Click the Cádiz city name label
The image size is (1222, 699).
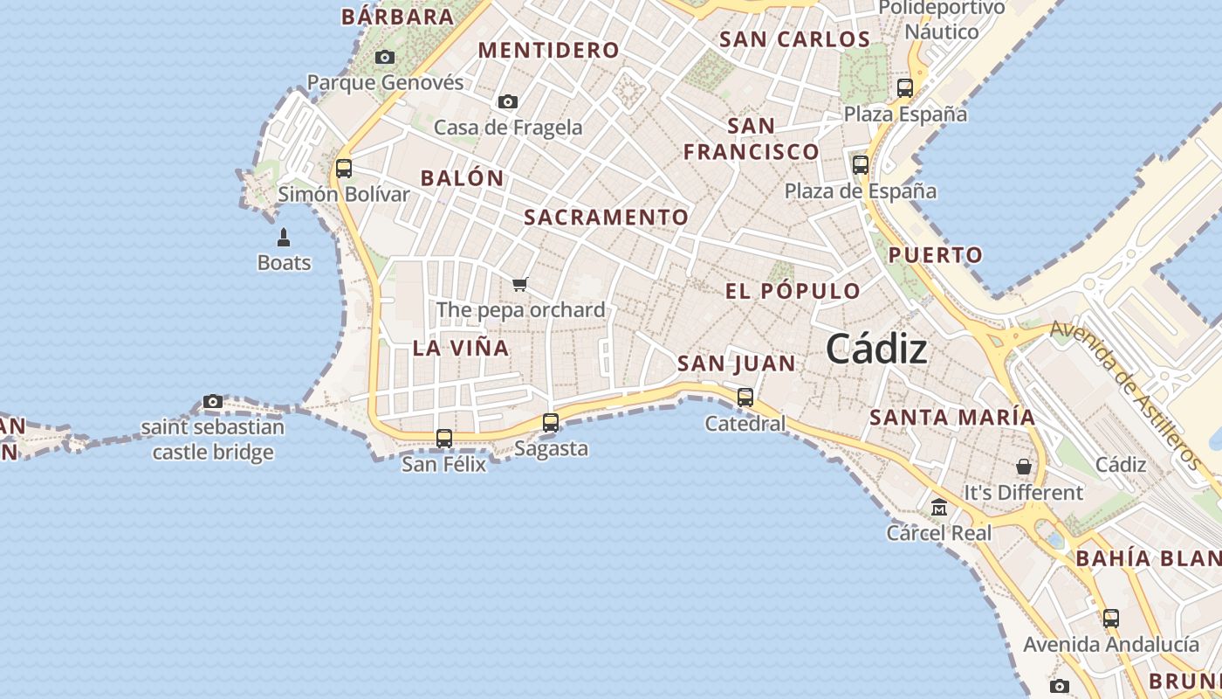876,349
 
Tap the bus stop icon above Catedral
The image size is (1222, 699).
745,398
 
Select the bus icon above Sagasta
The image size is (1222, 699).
551,423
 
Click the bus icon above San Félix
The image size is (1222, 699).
444,439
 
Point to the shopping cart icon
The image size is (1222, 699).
520,283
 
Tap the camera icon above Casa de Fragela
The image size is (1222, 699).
508,102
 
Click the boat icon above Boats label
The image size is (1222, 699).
284,238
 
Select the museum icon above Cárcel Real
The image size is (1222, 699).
939,507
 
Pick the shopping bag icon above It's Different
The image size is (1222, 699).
1024,467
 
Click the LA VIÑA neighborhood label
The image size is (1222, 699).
460,348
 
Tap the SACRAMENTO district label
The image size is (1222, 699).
606,218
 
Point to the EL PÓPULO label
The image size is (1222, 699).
793,291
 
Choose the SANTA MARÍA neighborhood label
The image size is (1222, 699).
952,418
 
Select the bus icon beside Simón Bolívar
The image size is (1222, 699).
344,169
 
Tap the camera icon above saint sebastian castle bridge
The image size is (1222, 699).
213,402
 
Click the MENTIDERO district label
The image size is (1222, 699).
549,51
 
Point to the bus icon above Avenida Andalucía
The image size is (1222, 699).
1111,619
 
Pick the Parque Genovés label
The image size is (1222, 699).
385,83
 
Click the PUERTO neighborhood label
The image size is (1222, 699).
936,255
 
